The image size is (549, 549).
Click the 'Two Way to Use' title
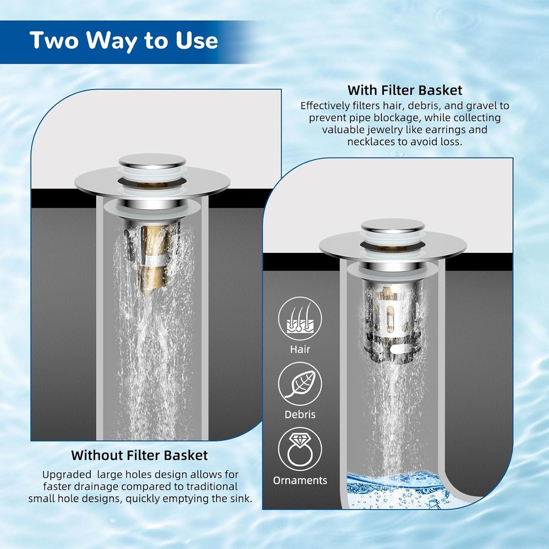(x=123, y=41)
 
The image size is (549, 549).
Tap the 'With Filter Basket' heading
(x=405, y=90)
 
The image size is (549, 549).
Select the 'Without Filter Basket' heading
(x=139, y=455)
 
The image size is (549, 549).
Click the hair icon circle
(x=300, y=319)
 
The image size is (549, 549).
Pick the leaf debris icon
(x=300, y=384)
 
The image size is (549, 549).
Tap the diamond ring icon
(x=300, y=449)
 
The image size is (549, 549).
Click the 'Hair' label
(x=300, y=349)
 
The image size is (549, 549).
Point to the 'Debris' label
(x=300, y=415)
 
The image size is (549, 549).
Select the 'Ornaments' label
(x=300, y=480)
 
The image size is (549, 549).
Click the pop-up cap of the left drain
(x=152, y=161)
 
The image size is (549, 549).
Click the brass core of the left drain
(x=154, y=258)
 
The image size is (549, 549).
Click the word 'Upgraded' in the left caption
(x=66, y=475)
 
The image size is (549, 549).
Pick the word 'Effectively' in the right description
(x=325, y=106)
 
